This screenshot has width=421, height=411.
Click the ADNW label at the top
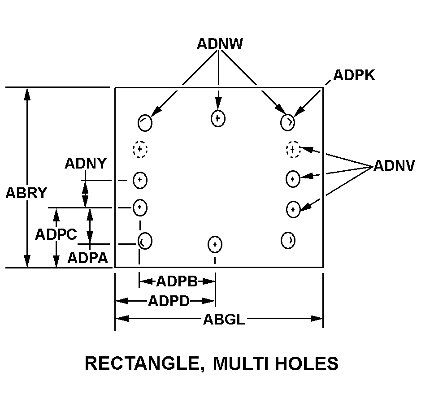click(x=220, y=43)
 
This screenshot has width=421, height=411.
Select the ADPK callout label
click(x=354, y=75)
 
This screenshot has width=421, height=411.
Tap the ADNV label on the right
click(x=394, y=166)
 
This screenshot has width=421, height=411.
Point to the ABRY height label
click(x=26, y=193)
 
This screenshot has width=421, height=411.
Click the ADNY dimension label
click(x=86, y=164)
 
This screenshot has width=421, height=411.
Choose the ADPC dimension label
click(x=56, y=234)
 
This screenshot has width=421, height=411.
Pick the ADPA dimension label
click(x=87, y=258)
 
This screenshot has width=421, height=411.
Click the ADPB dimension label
click(x=177, y=281)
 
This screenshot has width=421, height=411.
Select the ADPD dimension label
click(x=169, y=300)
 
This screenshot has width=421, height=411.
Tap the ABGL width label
click(x=224, y=319)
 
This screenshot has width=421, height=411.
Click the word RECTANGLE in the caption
click(x=141, y=363)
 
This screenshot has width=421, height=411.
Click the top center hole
click(x=218, y=118)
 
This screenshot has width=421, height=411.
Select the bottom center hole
click(x=215, y=244)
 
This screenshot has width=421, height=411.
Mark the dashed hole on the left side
click(x=140, y=149)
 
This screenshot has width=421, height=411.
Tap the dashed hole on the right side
click(x=293, y=149)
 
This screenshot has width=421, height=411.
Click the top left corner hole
click(x=144, y=122)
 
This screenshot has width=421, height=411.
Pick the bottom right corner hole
click(x=288, y=240)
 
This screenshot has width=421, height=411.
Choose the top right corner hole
click(x=288, y=122)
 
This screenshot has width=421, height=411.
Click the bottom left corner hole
click(x=144, y=241)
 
